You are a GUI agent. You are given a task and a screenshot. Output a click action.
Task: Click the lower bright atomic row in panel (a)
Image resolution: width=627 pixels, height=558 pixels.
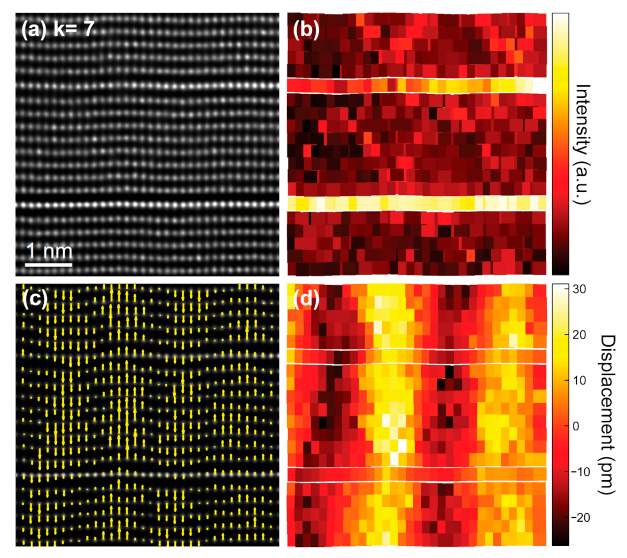(x=147, y=205)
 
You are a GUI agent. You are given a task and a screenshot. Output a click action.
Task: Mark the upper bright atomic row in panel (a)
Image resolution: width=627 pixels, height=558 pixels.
(x=147, y=85)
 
